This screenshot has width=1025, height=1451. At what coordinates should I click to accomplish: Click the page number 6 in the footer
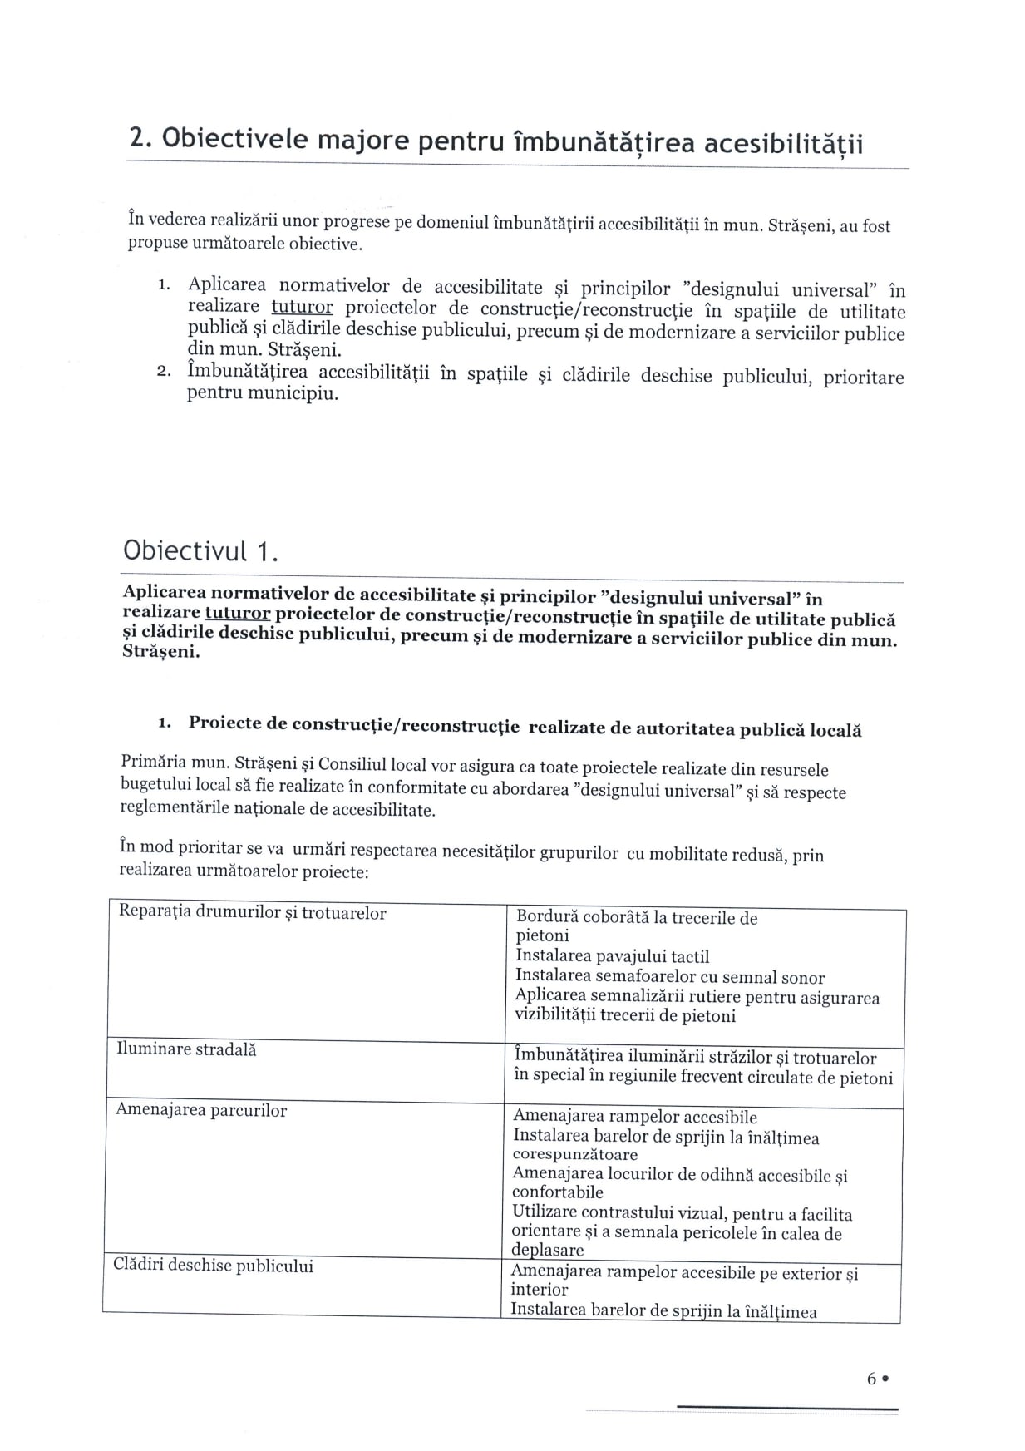coord(871,1379)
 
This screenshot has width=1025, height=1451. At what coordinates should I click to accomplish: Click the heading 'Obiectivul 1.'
coord(200,552)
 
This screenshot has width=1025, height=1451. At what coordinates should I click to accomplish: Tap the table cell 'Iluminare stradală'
coord(186,1050)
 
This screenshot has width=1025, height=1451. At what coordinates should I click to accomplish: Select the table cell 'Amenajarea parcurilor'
coord(200,1111)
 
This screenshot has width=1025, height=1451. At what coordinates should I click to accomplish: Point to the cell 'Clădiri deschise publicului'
coord(213,1266)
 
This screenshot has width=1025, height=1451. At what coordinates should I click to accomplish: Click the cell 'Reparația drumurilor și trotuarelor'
coord(252,913)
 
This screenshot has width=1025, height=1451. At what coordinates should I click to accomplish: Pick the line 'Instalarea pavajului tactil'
coord(612,957)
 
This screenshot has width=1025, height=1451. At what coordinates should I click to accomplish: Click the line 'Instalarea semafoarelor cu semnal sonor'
coord(669,977)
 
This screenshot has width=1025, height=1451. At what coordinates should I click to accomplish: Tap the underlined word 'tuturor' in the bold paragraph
coord(238,614)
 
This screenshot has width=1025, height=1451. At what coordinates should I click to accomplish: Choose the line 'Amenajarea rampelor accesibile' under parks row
coord(635,1117)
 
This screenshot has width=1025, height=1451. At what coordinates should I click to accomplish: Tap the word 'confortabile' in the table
coord(557,1192)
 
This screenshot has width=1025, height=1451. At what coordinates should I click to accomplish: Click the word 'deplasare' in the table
coord(547,1251)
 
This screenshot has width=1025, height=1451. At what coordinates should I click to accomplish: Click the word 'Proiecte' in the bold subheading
coord(225,723)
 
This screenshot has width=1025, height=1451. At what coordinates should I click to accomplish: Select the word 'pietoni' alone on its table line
coord(542,936)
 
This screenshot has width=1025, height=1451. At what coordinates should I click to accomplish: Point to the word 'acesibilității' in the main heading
coord(783,145)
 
